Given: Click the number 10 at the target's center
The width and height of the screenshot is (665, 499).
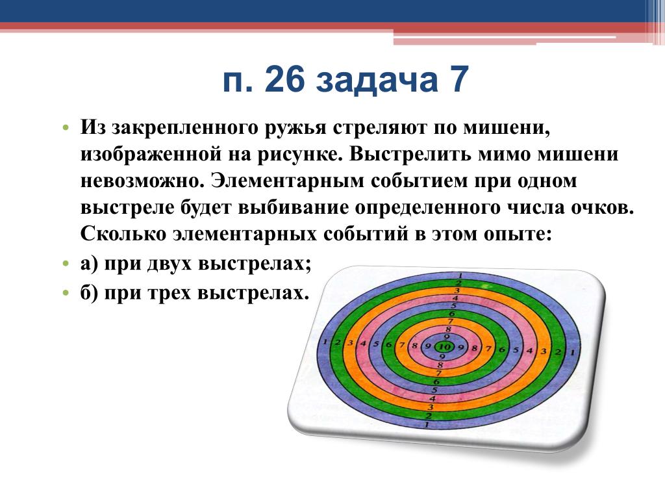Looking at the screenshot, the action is tap(444, 347).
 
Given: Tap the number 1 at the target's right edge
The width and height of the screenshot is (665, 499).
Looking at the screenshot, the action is tap(572, 352).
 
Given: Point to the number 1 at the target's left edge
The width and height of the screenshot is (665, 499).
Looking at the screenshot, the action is tap(325, 342).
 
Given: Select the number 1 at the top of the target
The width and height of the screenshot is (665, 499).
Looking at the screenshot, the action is tap(460, 275).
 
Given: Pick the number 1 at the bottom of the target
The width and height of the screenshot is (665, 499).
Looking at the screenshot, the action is tap(427, 424).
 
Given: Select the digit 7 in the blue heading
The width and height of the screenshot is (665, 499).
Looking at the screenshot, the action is tap(458, 79).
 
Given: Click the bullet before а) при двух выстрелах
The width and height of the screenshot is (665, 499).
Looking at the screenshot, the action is tap(66, 264).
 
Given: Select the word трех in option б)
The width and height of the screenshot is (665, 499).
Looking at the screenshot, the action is tap(168, 293).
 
